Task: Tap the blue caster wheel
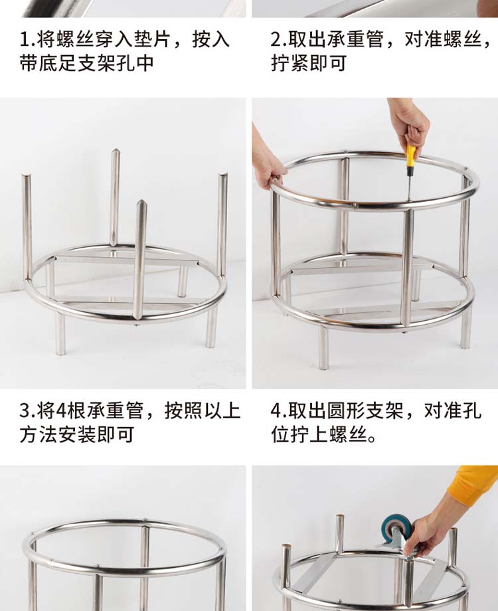394,528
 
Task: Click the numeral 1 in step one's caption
24,40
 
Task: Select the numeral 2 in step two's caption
276,40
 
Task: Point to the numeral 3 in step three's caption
24,410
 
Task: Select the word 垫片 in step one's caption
152,40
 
